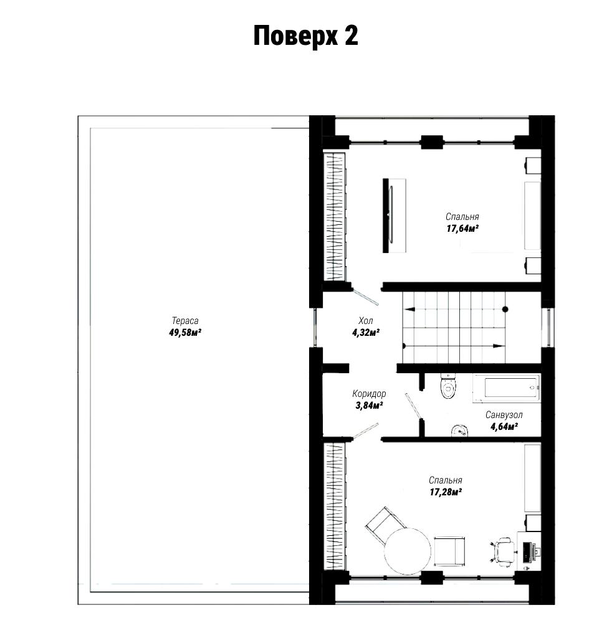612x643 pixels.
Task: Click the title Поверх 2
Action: [x=305, y=36]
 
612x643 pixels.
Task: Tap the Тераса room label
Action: [x=185, y=321]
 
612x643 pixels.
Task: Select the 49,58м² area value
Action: [x=185, y=332]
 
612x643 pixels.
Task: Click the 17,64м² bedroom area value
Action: [x=462, y=228]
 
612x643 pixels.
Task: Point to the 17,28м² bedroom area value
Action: [x=446, y=491]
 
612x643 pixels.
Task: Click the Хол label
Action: [x=365, y=321]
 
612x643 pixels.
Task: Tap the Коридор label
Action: [x=369, y=394]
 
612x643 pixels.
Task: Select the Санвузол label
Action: [x=504, y=415]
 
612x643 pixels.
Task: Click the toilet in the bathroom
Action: [x=448, y=386]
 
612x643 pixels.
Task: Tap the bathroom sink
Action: [x=460, y=431]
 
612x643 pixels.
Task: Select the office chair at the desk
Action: [x=504, y=552]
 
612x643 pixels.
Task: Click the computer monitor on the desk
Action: [x=526, y=552]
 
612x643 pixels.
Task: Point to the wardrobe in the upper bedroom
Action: [x=335, y=217]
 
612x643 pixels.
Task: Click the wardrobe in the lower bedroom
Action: [x=335, y=506]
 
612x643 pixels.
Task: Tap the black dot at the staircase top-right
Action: [x=505, y=309]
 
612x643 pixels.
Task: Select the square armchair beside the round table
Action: [x=449, y=551]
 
